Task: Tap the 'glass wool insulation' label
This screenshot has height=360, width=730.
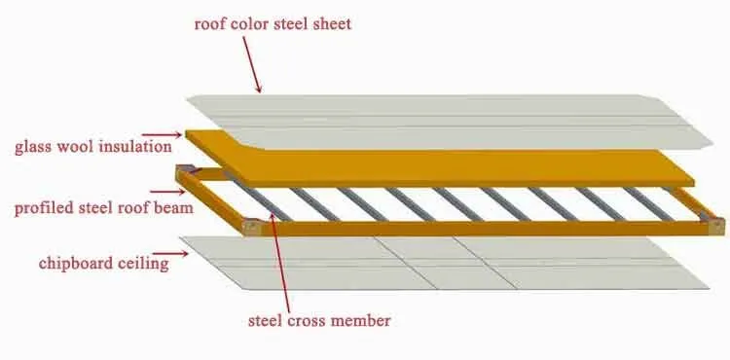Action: tap(92, 147)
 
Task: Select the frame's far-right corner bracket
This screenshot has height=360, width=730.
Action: tap(717, 227)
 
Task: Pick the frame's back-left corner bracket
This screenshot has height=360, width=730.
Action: tap(184, 174)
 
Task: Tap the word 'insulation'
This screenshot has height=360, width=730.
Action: tap(136, 147)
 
